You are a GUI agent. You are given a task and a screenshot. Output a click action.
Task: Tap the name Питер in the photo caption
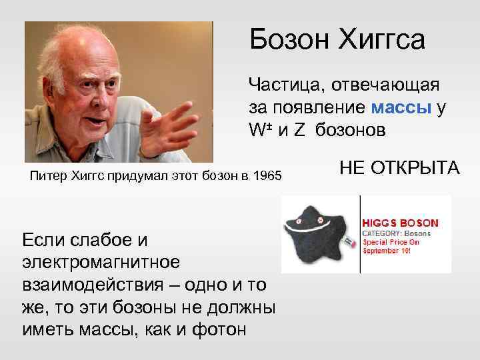coord(49,177)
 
